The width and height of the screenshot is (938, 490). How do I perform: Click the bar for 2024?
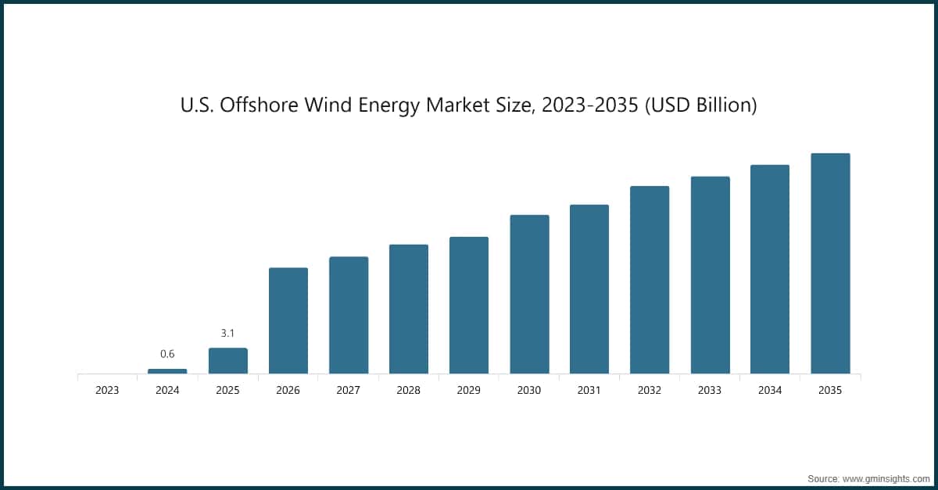(167, 371)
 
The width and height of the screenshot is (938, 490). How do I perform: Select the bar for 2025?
(227, 361)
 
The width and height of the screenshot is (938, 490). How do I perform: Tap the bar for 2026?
(288, 320)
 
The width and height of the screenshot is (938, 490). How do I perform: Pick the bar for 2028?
(408, 309)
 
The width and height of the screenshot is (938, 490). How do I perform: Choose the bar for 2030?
(529, 294)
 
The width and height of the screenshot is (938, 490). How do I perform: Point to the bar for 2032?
(650, 280)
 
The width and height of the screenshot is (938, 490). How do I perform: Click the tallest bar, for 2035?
(830, 263)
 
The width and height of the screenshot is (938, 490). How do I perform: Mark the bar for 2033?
(710, 275)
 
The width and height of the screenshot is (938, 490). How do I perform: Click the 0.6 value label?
(167, 354)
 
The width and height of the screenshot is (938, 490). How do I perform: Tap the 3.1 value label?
(227, 333)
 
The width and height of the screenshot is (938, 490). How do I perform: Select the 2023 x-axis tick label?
(107, 390)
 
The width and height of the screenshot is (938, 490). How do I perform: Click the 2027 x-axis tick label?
(348, 390)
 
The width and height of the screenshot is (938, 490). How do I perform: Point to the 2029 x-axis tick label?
(468, 390)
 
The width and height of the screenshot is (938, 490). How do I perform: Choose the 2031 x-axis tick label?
(589, 390)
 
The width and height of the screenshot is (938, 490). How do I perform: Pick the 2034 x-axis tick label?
(770, 390)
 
